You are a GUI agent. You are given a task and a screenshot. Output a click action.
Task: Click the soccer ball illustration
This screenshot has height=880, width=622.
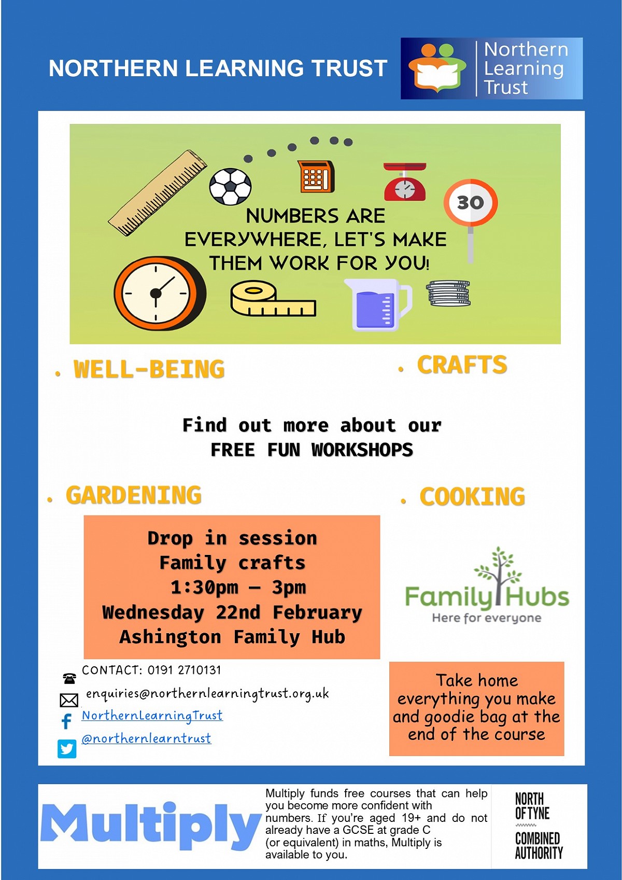(x=230, y=187)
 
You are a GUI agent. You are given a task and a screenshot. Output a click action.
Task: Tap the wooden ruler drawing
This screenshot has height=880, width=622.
(x=158, y=192)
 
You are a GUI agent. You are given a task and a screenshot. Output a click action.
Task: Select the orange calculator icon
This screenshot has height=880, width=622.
(x=316, y=176)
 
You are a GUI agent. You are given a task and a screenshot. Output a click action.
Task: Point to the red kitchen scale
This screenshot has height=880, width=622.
(x=405, y=181)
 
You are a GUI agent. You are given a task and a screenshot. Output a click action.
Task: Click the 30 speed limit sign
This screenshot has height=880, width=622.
(x=471, y=203)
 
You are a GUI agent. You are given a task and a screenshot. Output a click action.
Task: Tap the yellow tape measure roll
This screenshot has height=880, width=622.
(x=273, y=299)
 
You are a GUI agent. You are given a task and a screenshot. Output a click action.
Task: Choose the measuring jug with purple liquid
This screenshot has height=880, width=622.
(x=378, y=304)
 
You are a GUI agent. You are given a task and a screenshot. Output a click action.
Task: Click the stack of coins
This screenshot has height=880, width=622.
(x=448, y=293)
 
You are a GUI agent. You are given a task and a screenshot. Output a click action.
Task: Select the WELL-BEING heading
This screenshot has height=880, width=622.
(x=149, y=369)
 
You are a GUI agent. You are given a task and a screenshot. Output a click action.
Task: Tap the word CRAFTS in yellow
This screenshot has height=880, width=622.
(x=462, y=364)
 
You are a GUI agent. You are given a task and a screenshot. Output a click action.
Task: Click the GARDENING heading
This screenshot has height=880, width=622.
(x=134, y=495)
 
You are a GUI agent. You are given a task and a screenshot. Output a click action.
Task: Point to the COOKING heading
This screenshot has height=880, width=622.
(x=472, y=496)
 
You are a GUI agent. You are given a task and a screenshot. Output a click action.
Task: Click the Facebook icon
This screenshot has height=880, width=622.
(x=67, y=720)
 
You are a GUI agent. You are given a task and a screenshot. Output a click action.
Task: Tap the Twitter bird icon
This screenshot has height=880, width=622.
(x=67, y=748)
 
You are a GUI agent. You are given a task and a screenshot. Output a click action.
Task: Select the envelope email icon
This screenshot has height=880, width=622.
(x=69, y=700)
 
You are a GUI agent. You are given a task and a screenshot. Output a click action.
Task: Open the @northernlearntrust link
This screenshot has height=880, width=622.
(x=146, y=738)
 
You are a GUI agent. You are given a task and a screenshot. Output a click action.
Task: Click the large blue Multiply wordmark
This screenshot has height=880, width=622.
(x=151, y=826)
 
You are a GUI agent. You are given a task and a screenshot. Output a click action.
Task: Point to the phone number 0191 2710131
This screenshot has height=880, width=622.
(x=184, y=670)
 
